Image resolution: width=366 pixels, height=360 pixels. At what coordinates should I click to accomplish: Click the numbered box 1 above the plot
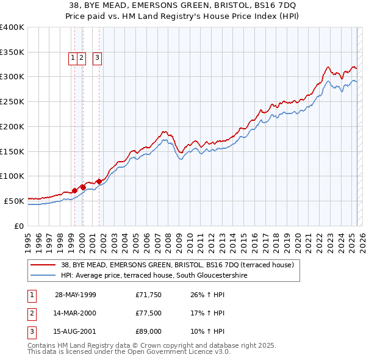pos(73,58)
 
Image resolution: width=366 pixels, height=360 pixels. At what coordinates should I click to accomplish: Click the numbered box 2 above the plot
pos(81,58)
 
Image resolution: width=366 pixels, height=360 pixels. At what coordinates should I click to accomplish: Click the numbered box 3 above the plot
pos(97,58)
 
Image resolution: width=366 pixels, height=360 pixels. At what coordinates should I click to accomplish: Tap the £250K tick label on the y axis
pos(12,101)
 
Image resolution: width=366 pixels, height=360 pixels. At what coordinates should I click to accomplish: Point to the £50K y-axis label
pos(15,201)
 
